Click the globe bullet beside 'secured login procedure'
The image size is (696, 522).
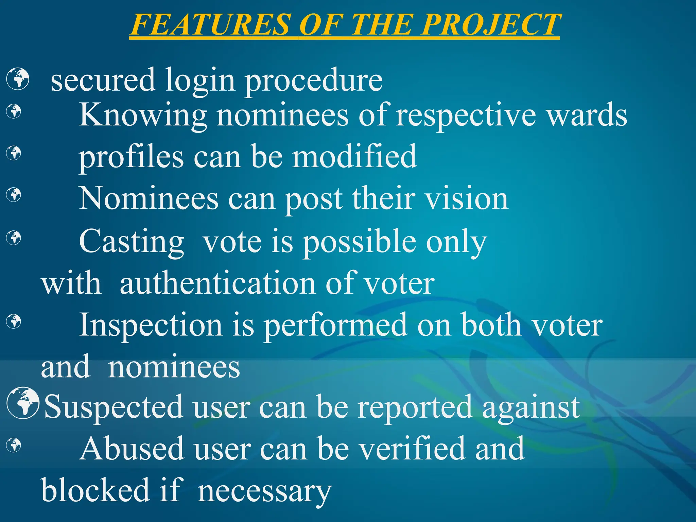tap(18, 79)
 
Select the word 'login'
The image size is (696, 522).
tap(200, 81)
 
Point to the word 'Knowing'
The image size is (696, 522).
tap(143, 116)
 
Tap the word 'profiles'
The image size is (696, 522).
tap(131, 157)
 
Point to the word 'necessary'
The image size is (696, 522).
tap(264, 491)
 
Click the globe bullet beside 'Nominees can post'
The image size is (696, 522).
tap(14, 195)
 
